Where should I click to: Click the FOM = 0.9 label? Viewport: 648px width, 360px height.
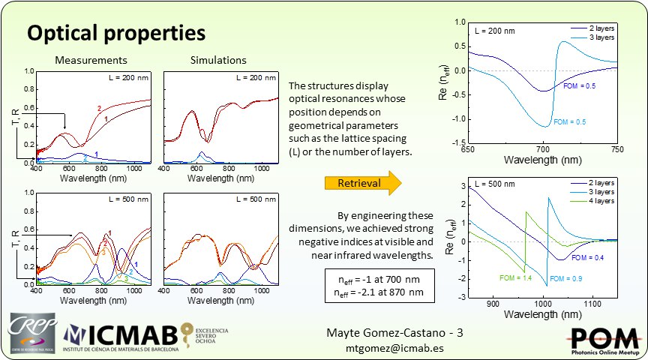565,279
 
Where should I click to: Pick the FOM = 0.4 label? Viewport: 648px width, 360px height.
588,257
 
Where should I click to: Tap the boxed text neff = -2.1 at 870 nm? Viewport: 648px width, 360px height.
373,292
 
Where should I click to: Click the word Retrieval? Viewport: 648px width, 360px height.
358,183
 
